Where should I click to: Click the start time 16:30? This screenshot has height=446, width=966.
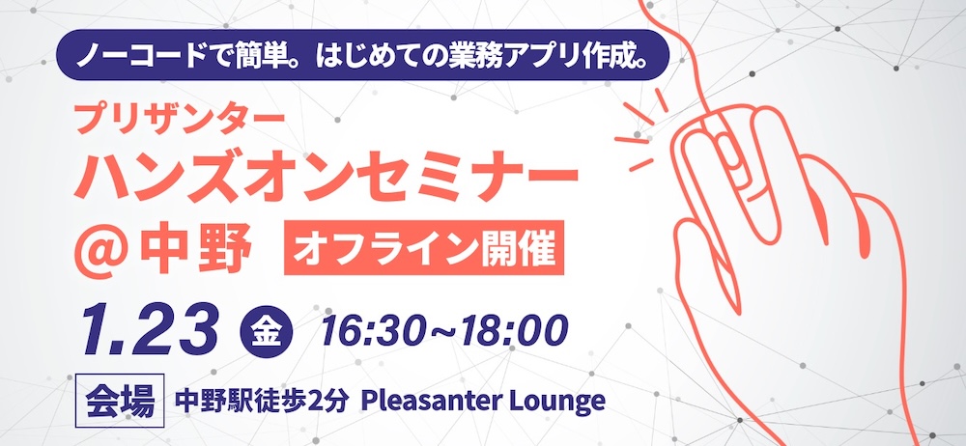point(370,331)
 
